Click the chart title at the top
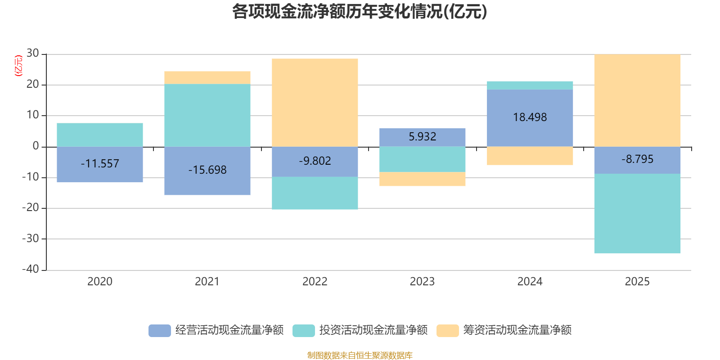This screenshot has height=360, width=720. (360, 12)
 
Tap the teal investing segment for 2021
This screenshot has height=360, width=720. (207, 115)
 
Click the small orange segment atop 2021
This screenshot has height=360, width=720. (207, 77)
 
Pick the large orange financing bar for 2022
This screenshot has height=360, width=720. (315, 103)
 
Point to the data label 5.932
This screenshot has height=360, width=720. (422, 136)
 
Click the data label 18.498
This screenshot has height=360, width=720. (530, 117)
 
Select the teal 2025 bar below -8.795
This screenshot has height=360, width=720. (637, 214)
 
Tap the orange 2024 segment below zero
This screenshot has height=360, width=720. (530, 156)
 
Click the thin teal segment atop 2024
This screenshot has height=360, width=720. (530, 85)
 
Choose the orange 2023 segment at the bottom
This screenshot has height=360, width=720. (422, 179)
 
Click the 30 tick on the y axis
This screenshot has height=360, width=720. (32, 54)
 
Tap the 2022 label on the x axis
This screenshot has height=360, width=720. (315, 282)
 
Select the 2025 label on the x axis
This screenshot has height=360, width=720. (637, 282)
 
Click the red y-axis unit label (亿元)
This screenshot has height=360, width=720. (18, 66)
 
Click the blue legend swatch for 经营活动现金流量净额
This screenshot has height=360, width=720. (159, 330)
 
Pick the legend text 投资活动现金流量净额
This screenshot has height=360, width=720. (373, 330)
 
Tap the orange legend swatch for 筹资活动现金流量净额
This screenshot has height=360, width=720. (447, 330)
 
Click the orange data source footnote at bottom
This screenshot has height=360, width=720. (360, 355)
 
